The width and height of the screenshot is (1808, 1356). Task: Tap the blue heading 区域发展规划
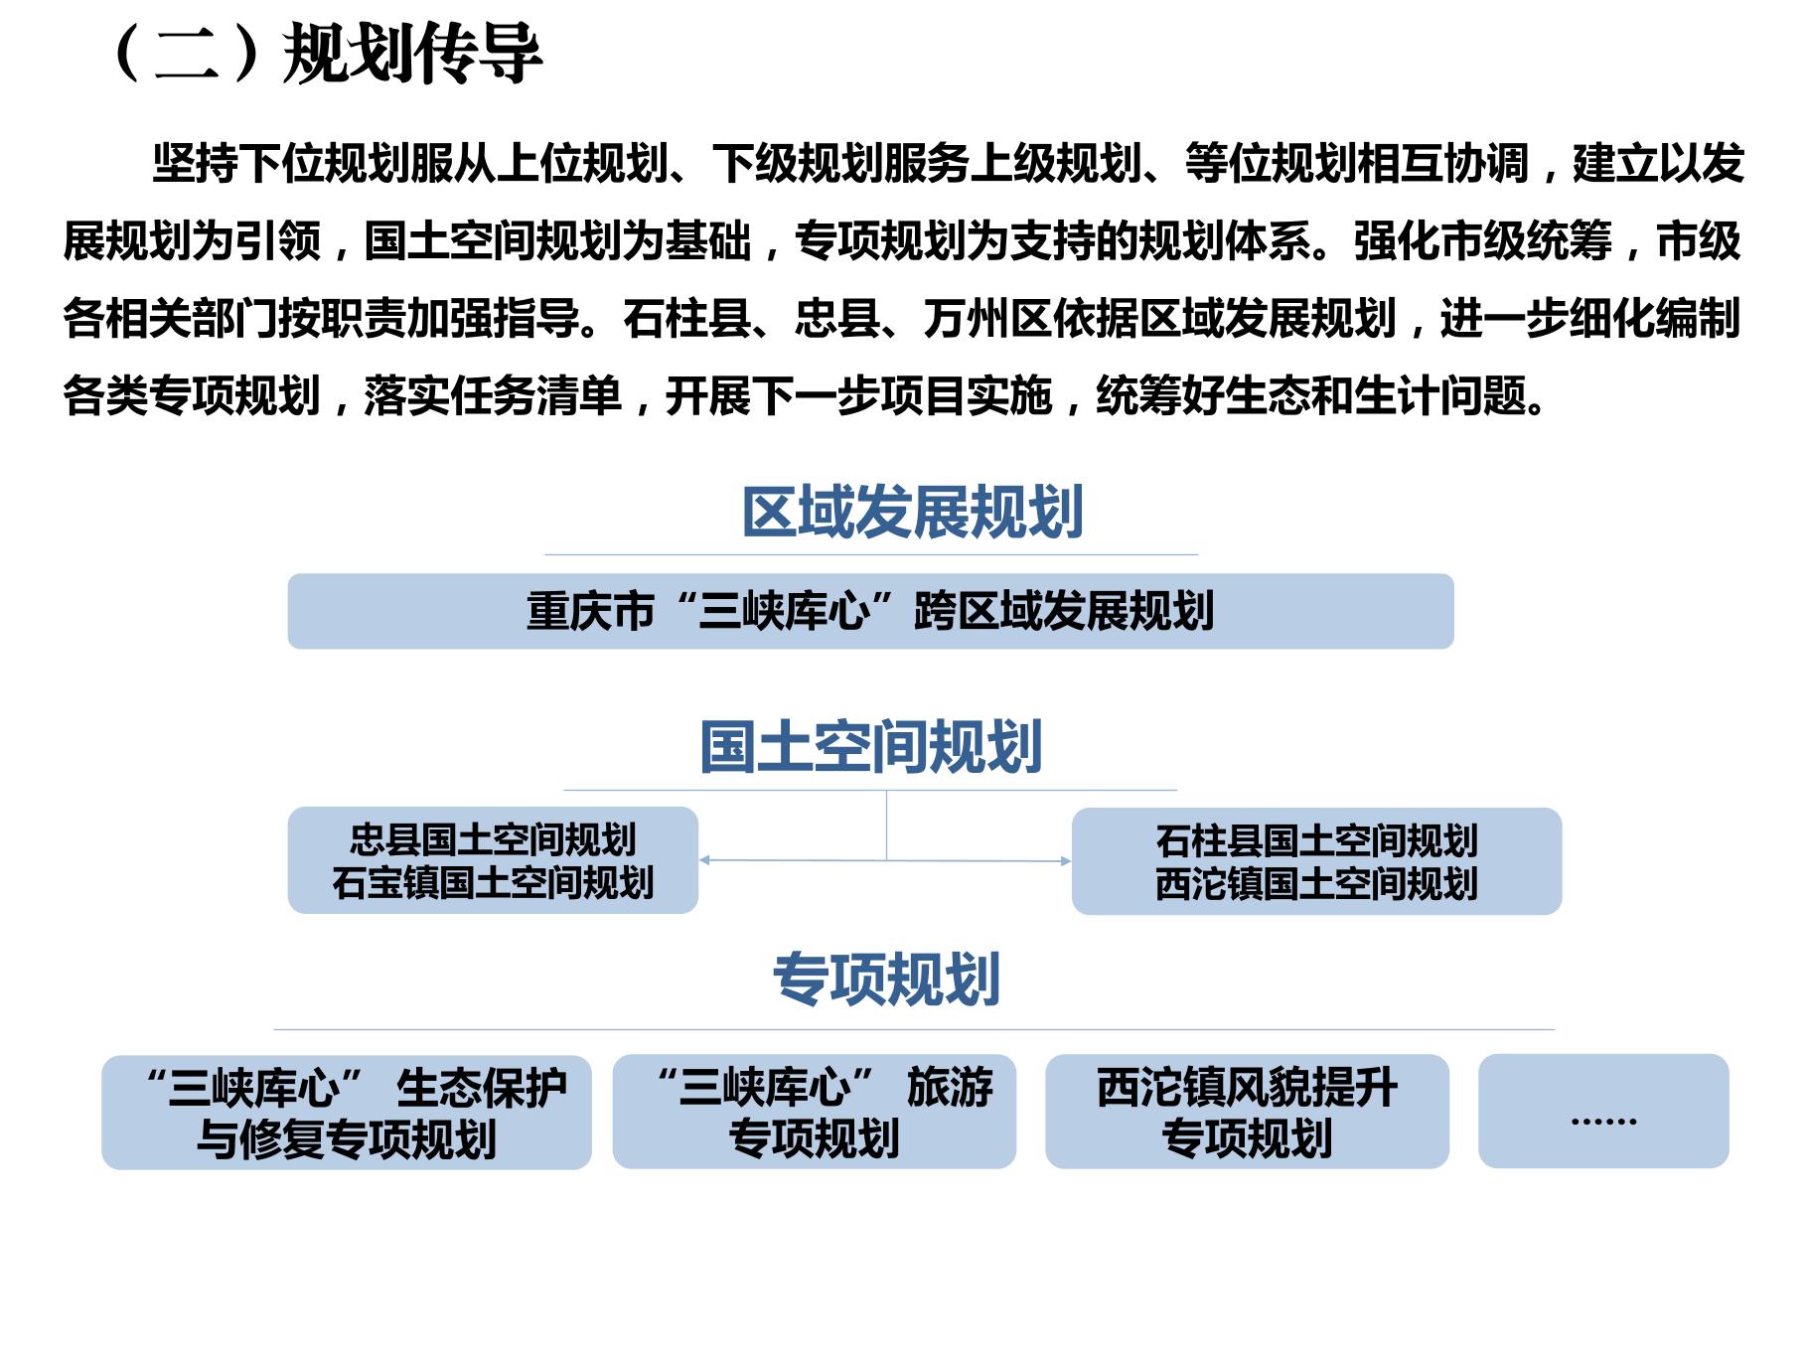click(x=913, y=513)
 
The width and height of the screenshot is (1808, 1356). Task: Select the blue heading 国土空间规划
click(x=871, y=747)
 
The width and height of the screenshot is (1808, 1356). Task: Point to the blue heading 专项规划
click(x=886, y=979)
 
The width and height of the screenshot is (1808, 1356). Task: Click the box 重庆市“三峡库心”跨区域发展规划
click(x=870, y=611)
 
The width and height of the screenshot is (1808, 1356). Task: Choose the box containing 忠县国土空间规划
click(x=493, y=860)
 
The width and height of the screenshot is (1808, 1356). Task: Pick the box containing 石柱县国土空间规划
click(x=1316, y=861)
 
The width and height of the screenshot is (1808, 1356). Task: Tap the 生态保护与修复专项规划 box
click(x=347, y=1112)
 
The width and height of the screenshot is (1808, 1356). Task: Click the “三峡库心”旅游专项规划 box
click(x=815, y=1112)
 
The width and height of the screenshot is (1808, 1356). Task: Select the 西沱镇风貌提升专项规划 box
click(x=1247, y=1112)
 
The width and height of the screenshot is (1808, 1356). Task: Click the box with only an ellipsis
click(x=1603, y=1111)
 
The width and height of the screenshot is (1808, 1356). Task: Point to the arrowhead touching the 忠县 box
click(x=704, y=860)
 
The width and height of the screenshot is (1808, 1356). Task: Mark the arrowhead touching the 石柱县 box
click(x=1066, y=861)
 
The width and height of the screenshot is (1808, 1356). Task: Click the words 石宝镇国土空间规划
click(x=493, y=882)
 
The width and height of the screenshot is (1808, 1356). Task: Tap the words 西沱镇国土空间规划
click(x=1316, y=883)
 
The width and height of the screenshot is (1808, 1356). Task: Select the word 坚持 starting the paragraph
click(x=195, y=163)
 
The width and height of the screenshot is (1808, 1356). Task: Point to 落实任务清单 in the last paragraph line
click(x=493, y=396)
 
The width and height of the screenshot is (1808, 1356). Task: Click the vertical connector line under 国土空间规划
click(x=886, y=826)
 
